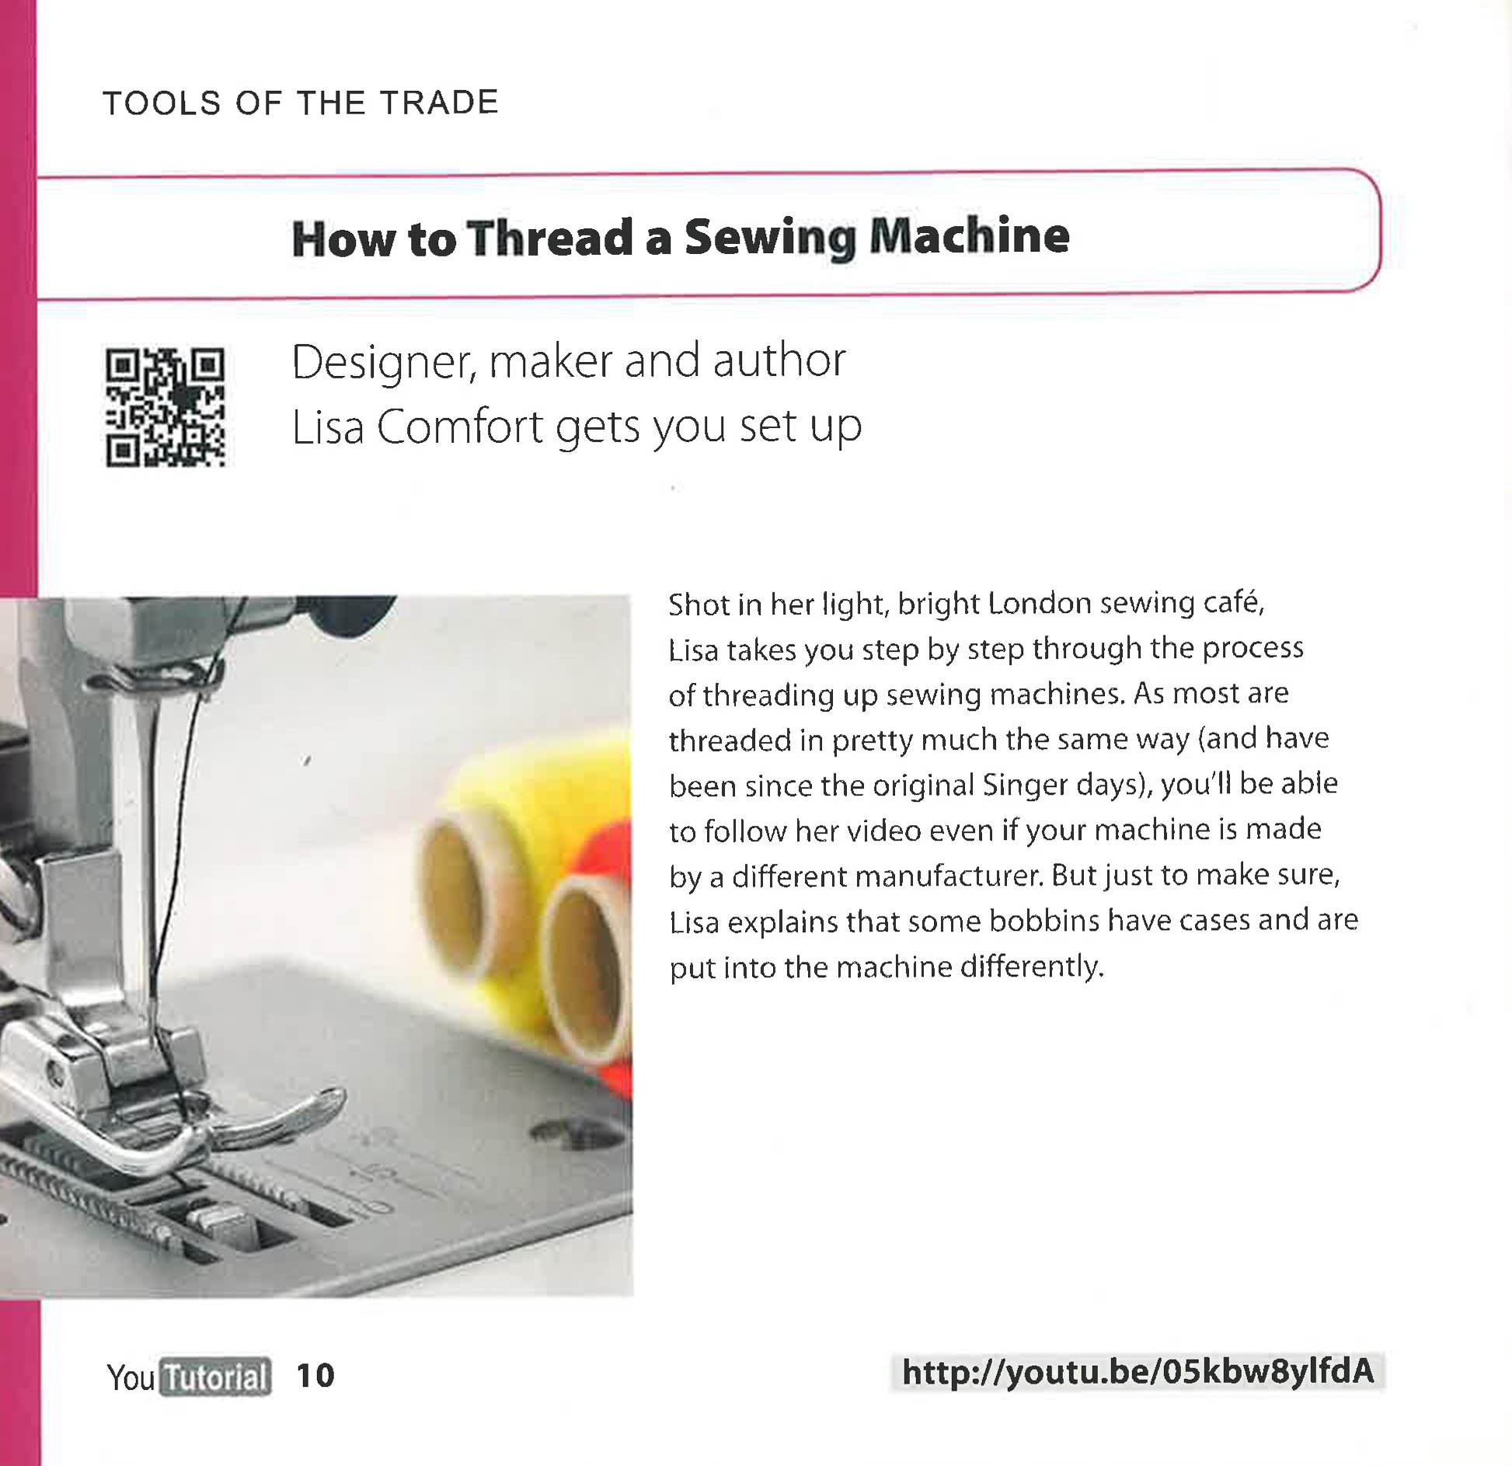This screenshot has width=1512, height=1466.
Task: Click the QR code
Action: point(165,407)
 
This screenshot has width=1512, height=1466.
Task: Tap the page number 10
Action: point(315,1376)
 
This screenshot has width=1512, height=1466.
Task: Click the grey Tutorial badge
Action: point(215,1377)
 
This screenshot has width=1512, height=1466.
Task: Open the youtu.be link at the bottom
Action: point(1137,1372)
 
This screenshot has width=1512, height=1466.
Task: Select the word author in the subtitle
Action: point(779,361)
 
